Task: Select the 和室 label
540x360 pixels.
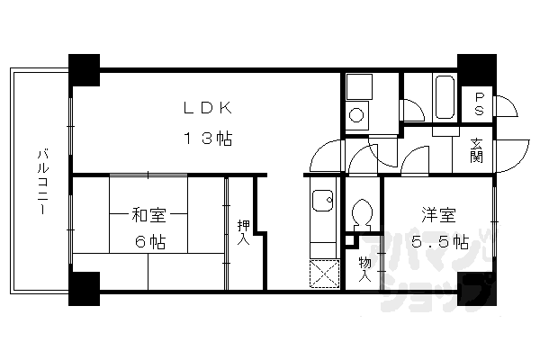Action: pos(148,215)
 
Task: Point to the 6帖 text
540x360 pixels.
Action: pos(149,241)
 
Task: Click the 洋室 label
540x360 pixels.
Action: pos(439,215)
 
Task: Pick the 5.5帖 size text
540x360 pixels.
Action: pos(439,241)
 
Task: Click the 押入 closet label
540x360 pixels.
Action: pos(243,233)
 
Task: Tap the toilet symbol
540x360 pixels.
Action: pos(364,213)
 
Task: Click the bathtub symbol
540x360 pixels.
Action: pos(445,98)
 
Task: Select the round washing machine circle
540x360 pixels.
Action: pos(356,115)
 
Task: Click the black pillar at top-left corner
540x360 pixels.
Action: pos(84,69)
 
